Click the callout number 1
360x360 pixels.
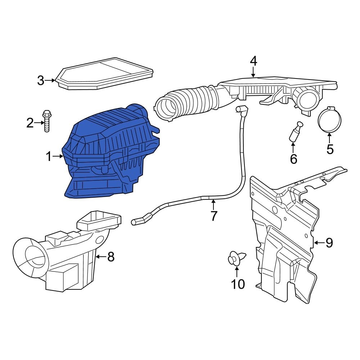49,157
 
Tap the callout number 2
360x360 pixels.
30,123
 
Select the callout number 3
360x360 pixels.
41,80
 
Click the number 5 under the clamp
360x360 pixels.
330,149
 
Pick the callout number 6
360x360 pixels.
293,158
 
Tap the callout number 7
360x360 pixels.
213,216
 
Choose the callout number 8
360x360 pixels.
111,257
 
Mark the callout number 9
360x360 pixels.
329,243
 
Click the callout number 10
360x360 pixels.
238,284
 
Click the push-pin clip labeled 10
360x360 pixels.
237,258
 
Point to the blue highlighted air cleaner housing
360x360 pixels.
108,155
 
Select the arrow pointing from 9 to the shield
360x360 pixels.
319,243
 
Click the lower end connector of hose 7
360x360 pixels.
139,221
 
